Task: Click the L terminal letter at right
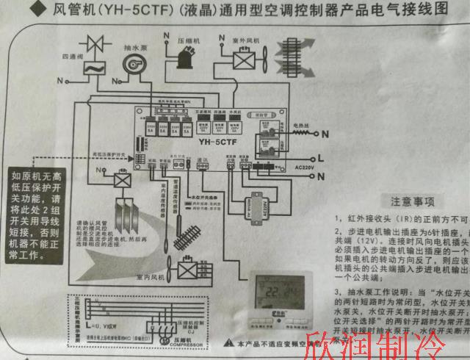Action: pyautogui.click(x=320, y=157)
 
